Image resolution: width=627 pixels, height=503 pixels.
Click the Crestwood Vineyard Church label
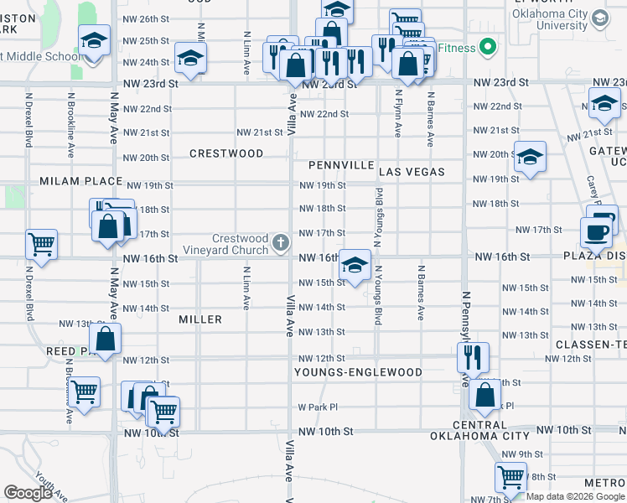[x=240, y=244]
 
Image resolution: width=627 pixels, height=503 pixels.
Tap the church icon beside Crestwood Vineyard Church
[x=281, y=244]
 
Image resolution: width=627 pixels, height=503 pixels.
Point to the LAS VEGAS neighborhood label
[x=411, y=172]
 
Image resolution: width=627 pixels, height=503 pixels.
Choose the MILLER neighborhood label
[x=200, y=319]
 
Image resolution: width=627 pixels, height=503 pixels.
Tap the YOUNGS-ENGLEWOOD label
[x=358, y=371]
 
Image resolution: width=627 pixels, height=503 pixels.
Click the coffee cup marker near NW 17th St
[x=598, y=232]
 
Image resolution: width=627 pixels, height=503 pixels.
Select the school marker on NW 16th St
[x=355, y=267]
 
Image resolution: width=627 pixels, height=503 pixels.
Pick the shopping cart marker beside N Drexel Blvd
[x=41, y=245]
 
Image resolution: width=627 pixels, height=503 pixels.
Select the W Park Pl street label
[x=318, y=407]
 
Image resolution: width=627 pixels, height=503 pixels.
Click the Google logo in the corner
[x=28, y=492]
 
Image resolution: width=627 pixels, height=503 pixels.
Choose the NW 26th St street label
[x=146, y=18]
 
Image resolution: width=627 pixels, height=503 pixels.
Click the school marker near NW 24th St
[x=191, y=60]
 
